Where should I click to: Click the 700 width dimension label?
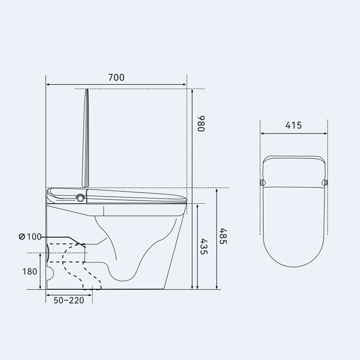click(x=116, y=77)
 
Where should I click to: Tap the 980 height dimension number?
click(x=201, y=124)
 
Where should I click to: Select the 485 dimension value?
click(x=223, y=236)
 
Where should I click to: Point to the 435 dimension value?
click(x=204, y=247)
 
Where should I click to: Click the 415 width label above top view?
click(x=293, y=126)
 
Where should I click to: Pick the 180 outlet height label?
click(x=30, y=272)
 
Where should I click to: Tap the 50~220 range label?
click(x=69, y=300)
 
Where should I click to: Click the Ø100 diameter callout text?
click(x=30, y=237)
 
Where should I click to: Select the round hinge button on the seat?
click(x=80, y=198)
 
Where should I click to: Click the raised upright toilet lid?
click(x=85, y=138)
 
